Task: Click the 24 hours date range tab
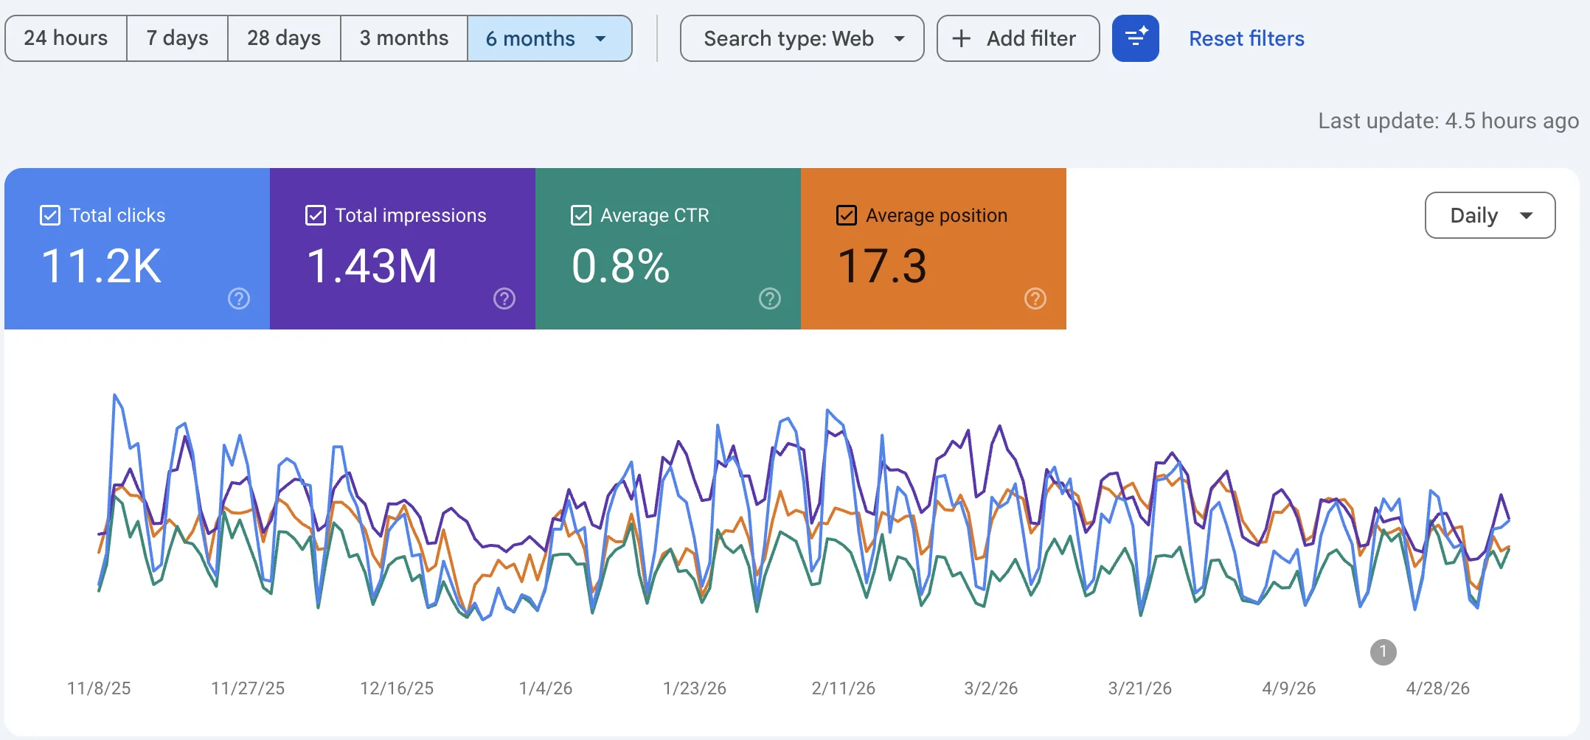tap(66, 38)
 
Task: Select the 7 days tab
tap(177, 38)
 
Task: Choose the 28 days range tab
tap(284, 38)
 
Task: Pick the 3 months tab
tap(404, 38)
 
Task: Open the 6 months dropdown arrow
tap(600, 38)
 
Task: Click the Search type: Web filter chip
tap(802, 38)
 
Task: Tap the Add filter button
tap(1018, 38)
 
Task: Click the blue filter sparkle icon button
tap(1136, 38)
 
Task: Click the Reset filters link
tap(1246, 38)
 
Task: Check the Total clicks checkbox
tap(50, 215)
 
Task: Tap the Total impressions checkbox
tap(316, 215)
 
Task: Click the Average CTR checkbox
tap(581, 215)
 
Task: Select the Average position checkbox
tap(847, 215)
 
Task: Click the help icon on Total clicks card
tap(239, 299)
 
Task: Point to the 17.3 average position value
tap(882, 266)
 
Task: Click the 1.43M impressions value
tap(372, 266)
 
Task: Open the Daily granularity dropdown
tap(1490, 215)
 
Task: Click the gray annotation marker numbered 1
tap(1384, 652)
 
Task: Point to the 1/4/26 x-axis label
tap(546, 688)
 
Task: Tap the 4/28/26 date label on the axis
tap(1438, 688)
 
